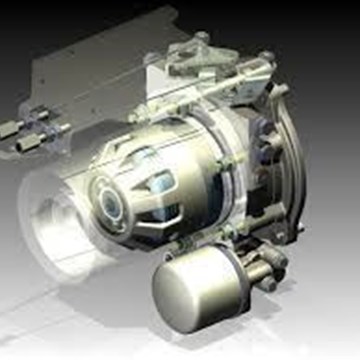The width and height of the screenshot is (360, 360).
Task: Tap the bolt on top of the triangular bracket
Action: [203, 40]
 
